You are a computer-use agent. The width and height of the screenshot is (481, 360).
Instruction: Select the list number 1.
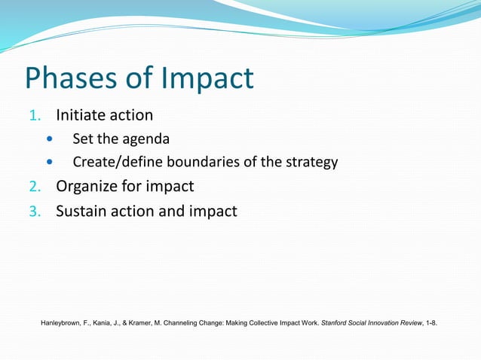(32, 116)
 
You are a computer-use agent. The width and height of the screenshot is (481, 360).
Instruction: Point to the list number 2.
(32, 187)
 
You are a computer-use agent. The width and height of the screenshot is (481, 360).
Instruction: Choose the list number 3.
(32, 212)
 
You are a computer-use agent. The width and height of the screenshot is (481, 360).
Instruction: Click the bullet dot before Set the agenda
(51, 139)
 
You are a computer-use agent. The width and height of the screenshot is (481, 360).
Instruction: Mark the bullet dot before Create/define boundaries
(51, 162)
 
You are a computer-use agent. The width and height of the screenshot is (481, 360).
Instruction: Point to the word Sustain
(82, 211)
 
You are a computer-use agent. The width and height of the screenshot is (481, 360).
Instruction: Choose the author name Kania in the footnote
(106, 324)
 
